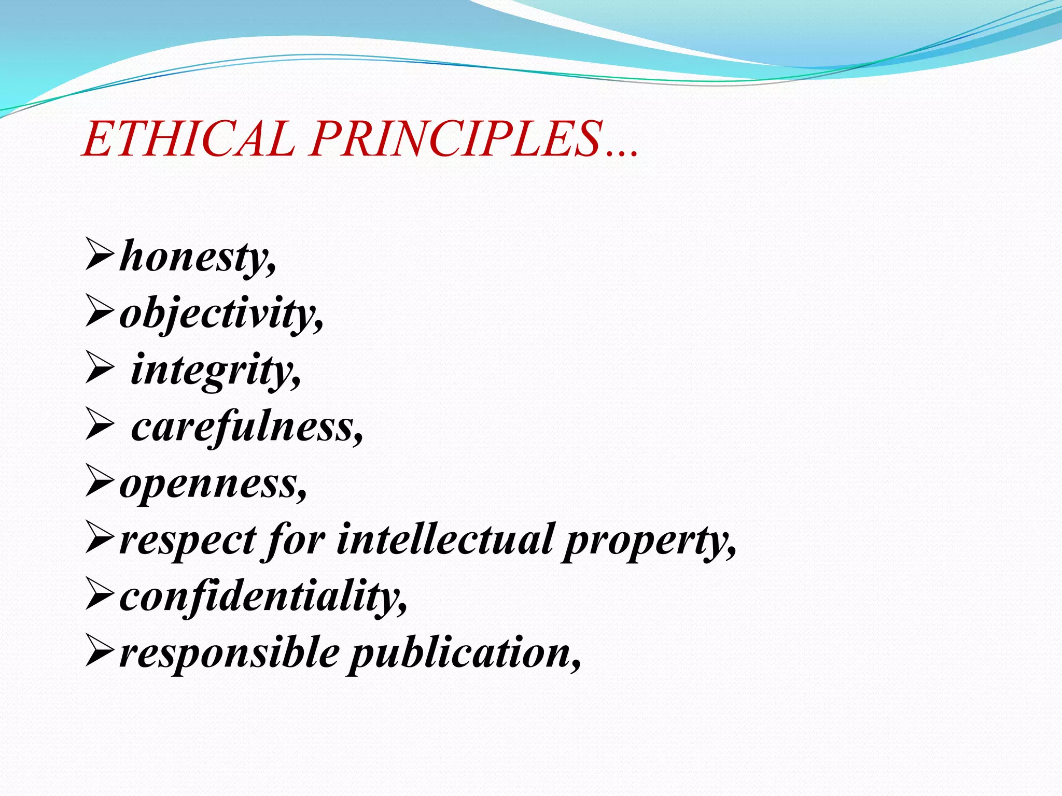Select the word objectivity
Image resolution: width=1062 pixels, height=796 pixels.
(220, 314)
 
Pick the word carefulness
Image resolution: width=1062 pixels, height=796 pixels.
(246, 427)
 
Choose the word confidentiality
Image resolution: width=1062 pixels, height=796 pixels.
(262, 597)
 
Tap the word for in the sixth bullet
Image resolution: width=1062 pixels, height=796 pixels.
(296, 541)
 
